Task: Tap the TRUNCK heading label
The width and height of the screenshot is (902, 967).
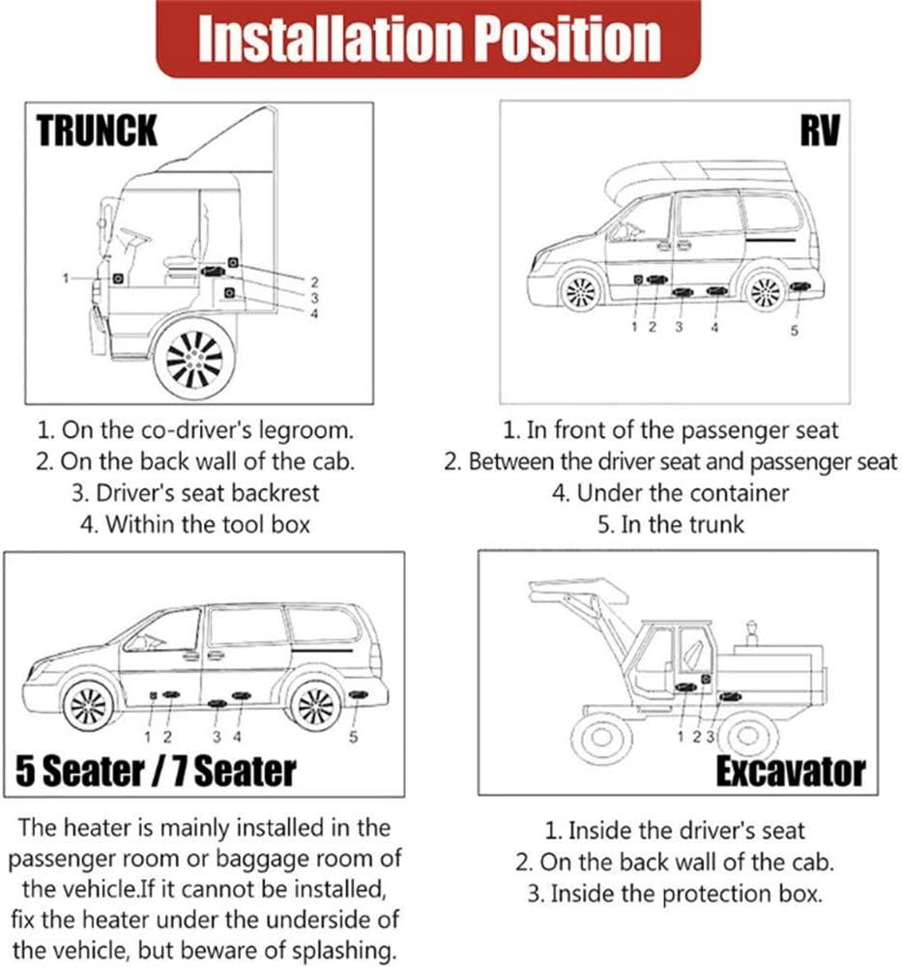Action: point(97,130)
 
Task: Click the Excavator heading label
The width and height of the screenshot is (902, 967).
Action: point(790,772)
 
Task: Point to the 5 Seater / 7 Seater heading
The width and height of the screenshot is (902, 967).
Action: point(156,770)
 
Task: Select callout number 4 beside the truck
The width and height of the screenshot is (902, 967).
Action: point(314,312)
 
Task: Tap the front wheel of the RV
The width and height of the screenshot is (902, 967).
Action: point(581,289)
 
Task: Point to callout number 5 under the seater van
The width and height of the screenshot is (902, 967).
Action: point(353,738)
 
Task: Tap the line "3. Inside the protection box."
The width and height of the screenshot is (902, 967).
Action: point(675,893)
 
